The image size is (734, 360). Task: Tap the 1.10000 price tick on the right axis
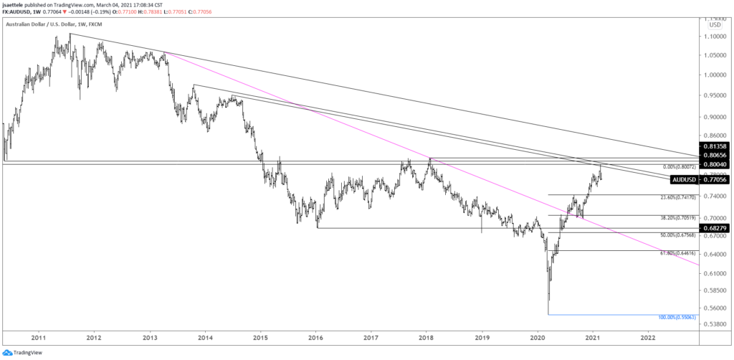[717, 35]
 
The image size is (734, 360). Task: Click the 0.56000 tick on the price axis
[717, 308]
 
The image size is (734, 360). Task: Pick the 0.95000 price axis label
[717, 95]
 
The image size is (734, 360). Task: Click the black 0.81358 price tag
[716, 146]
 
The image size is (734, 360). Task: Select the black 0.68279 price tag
[716, 228]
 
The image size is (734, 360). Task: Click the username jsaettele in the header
[17, 4]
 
